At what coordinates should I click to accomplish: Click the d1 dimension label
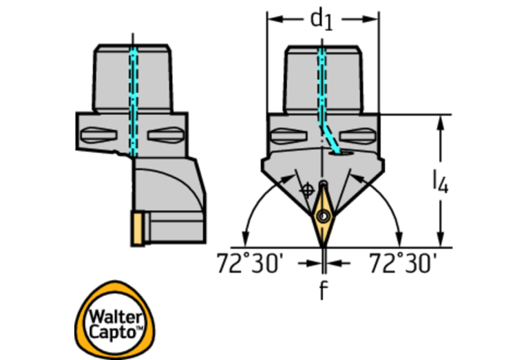pyautogui.click(x=321, y=19)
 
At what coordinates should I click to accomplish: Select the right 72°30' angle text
pyautogui.click(x=402, y=264)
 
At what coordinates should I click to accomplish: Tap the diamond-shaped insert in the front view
pyautogui.click(x=322, y=214)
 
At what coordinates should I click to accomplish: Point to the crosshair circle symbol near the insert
pyautogui.click(x=308, y=188)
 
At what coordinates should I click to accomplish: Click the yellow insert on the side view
pyautogui.click(x=139, y=229)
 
